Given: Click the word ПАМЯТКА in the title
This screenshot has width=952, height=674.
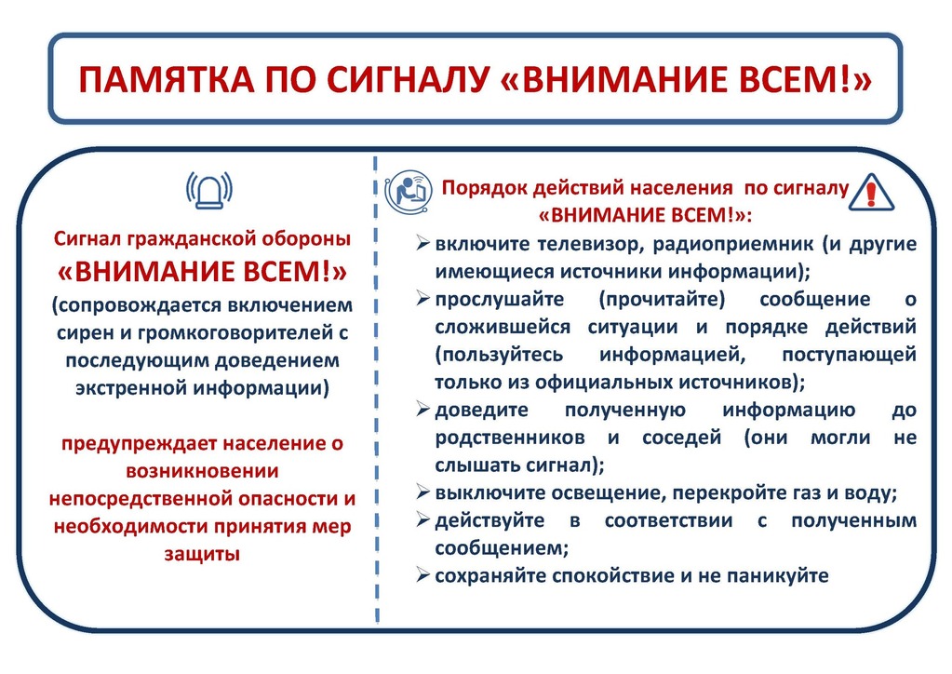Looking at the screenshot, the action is pyautogui.click(x=166, y=79).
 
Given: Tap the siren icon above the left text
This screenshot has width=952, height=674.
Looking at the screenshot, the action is pyautogui.click(x=208, y=191).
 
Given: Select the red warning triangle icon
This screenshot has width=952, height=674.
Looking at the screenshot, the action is pyautogui.click(x=871, y=192).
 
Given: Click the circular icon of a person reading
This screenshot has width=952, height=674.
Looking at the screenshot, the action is pyautogui.click(x=409, y=192).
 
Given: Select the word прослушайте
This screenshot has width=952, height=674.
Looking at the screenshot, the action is pyautogui.click(x=499, y=300).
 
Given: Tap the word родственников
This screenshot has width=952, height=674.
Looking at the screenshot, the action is pyautogui.click(x=510, y=438).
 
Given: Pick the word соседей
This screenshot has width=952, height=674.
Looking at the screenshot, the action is pyautogui.click(x=681, y=438).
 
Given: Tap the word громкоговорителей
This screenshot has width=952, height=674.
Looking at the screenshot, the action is pyautogui.click(x=235, y=332).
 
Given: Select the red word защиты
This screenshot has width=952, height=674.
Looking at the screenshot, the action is pyautogui.click(x=202, y=554).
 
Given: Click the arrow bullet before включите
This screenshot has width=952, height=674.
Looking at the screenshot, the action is pyautogui.click(x=423, y=244).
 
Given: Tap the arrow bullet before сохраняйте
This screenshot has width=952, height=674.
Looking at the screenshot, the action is pyautogui.click(x=423, y=574).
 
